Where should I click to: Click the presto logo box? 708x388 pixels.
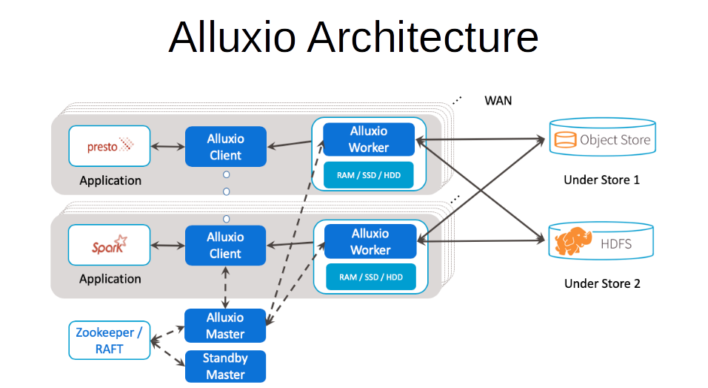tap(109, 146)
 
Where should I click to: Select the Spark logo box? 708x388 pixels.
tap(109, 245)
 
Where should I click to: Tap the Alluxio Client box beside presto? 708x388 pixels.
tap(225, 147)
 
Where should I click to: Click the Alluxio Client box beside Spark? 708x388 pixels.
tap(225, 246)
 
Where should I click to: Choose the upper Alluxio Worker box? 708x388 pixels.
tap(369, 139)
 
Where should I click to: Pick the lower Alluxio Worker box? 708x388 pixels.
tap(370, 242)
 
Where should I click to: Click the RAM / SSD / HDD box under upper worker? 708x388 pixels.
tap(369, 175)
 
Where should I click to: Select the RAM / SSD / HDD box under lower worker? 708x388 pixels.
tap(370, 277)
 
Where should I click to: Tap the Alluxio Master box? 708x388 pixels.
tap(225, 326)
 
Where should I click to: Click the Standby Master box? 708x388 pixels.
tap(225, 366)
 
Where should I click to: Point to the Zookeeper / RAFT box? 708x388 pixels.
tap(109, 341)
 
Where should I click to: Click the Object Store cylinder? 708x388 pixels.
tap(601, 138)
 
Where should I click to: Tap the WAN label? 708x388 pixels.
tap(498, 100)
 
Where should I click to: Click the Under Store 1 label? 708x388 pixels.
tap(601, 180)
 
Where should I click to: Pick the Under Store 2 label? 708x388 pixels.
tap(601, 283)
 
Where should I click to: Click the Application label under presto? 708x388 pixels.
tap(110, 180)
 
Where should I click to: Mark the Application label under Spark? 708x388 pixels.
tap(110, 279)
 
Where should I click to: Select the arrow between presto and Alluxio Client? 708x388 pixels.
tap(167, 147)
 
